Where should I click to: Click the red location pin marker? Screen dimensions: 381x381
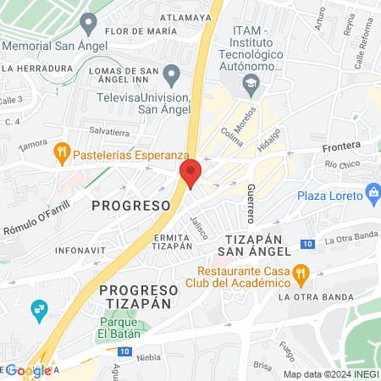pos(190,173)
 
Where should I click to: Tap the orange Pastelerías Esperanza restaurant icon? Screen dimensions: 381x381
pos(61,153)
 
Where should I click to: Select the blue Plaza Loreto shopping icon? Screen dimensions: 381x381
pos(372,193)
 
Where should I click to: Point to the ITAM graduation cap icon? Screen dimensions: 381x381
pos(251,83)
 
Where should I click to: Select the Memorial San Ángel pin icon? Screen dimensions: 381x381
pos(86,23)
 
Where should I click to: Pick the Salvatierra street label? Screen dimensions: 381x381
pos(109,131)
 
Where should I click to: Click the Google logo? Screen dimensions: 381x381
pos(27,370)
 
